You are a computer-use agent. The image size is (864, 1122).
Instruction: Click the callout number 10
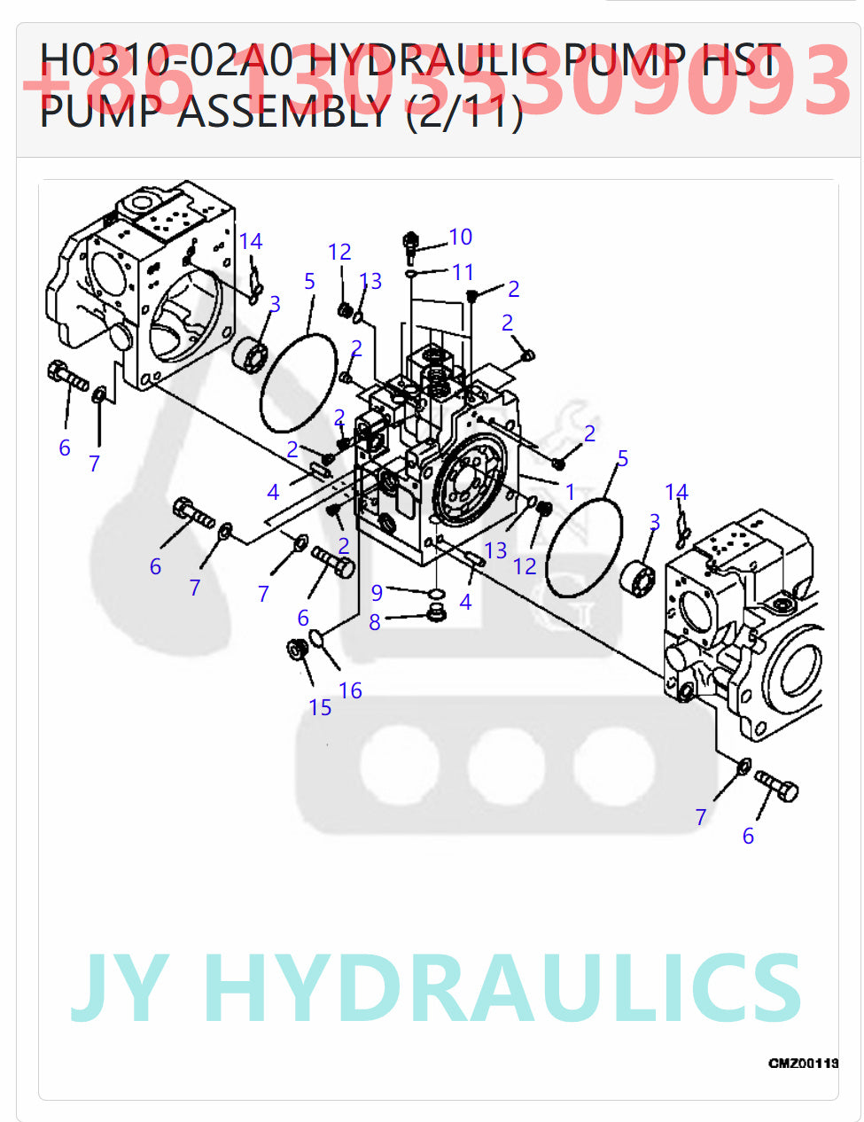click(460, 237)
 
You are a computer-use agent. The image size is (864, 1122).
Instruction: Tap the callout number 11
click(463, 272)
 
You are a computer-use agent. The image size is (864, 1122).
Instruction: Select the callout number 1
click(570, 491)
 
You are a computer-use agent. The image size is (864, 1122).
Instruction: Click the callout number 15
click(320, 707)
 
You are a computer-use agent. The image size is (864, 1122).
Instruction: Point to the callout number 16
click(350, 690)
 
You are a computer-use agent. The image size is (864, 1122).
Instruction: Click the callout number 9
click(377, 592)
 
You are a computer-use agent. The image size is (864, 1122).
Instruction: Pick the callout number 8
click(375, 622)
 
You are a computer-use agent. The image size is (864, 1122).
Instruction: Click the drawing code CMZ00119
click(803, 1063)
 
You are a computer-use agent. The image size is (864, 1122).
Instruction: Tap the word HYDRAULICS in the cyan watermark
click(502, 988)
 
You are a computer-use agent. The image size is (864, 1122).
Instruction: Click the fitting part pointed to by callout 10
click(411, 245)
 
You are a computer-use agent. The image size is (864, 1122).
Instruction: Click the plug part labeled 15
click(298, 649)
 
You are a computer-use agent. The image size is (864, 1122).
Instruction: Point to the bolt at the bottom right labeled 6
click(777, 785)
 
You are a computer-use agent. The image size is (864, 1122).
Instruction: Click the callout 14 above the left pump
click(251, 241)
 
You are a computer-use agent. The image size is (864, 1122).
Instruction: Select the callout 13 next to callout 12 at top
click(370, 281)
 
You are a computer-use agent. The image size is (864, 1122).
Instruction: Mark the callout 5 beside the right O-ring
click(622, 458)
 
